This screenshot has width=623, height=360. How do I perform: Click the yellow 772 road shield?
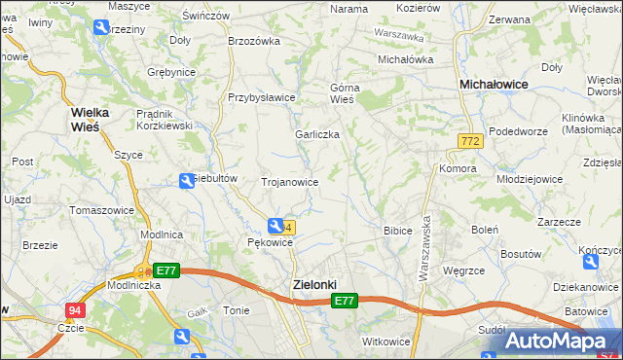pos(471,142)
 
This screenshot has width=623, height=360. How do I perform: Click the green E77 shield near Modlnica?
pos(165,270)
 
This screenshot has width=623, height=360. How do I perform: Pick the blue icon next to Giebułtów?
pos(187,180)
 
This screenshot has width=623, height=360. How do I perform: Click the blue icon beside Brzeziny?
pos(101,28)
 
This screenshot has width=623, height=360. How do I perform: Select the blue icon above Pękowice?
pos(276,226)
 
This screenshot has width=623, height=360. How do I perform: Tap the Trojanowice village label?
pos(290,182)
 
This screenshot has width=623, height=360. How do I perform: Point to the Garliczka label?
pos(317,135)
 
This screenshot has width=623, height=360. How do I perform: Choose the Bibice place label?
pos(397,231)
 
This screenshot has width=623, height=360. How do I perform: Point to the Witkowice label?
pos(386,342)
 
